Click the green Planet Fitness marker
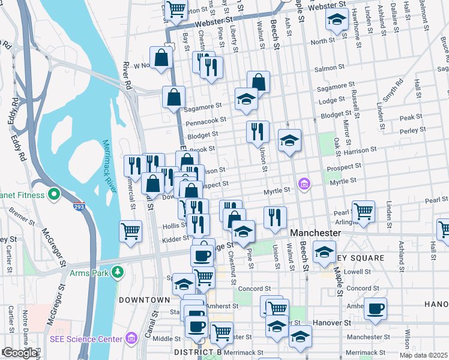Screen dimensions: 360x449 53,195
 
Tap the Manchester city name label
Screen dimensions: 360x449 315,232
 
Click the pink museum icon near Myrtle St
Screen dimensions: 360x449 304,183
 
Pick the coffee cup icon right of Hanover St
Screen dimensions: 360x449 375,308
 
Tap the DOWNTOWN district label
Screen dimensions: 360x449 144,299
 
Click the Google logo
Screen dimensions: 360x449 20,353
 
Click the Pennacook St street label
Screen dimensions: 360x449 205,122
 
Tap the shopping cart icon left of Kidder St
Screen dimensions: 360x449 130,231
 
